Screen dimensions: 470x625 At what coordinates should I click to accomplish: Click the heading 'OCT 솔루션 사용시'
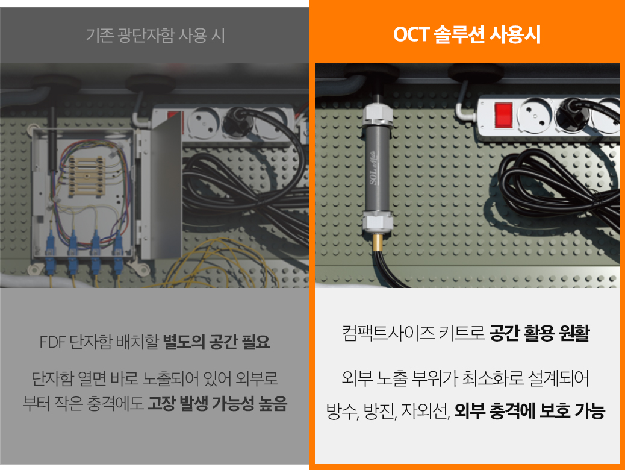[467, 35]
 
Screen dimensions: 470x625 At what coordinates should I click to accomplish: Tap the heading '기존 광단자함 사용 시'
[155, 35]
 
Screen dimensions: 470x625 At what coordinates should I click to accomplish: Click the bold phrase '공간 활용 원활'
[539, 334]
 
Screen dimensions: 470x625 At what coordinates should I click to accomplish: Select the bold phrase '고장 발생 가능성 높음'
[218, 403]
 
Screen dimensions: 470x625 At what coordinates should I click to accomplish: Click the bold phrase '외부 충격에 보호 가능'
[529, 412]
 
